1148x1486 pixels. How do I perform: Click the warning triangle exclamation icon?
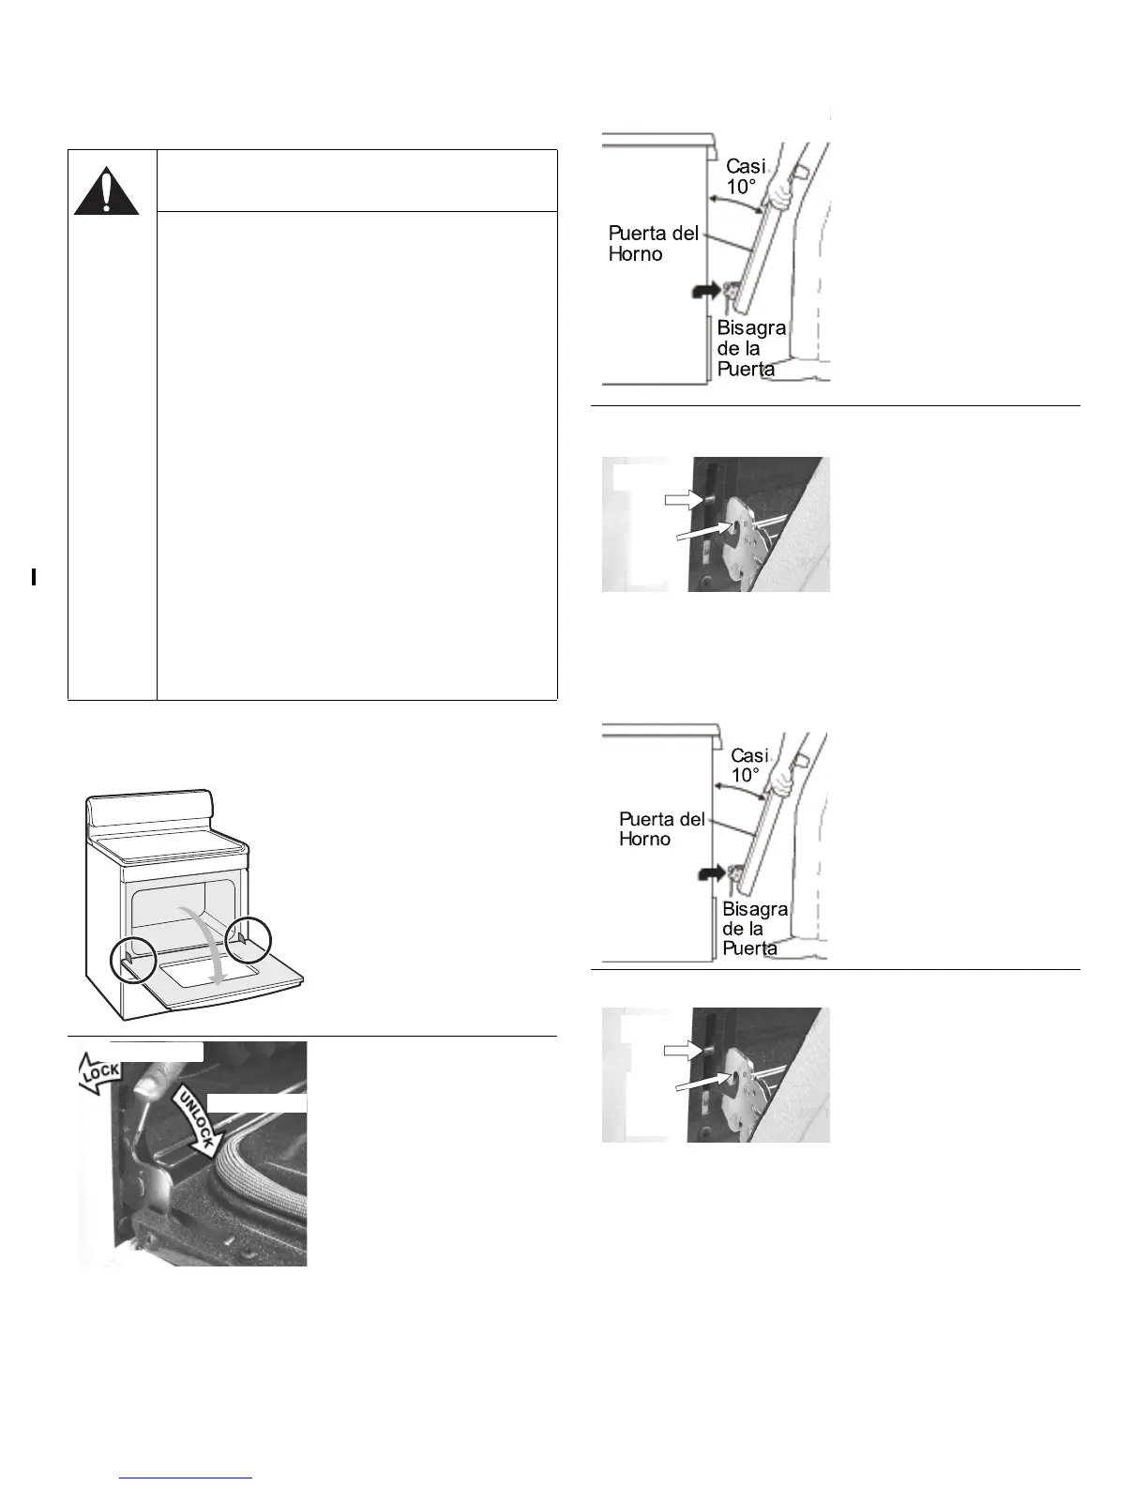[107, 191]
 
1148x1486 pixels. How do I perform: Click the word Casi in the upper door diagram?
[746, 167]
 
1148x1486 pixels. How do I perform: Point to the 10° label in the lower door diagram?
[746, 775]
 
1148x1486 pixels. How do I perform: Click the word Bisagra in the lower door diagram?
[754, 909]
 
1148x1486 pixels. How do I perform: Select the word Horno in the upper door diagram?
[635, 254]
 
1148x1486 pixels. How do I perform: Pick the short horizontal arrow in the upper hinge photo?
[684, 500]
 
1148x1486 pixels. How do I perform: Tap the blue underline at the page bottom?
[187, 1478]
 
